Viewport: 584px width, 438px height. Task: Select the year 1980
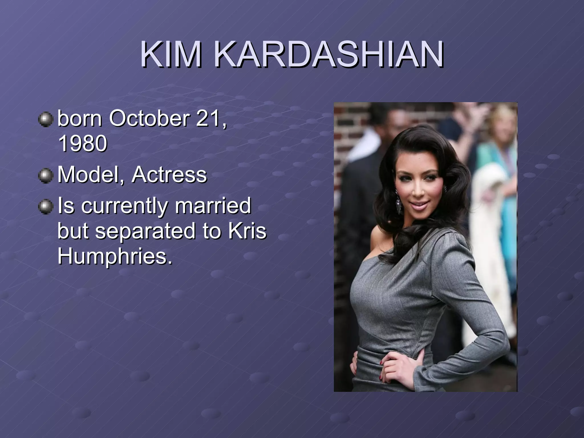click(82, 143)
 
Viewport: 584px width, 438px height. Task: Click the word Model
click(91, 175)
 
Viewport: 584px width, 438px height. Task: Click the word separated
click(145, 231)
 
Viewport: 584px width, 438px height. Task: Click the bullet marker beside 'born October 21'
click(46, 119)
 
